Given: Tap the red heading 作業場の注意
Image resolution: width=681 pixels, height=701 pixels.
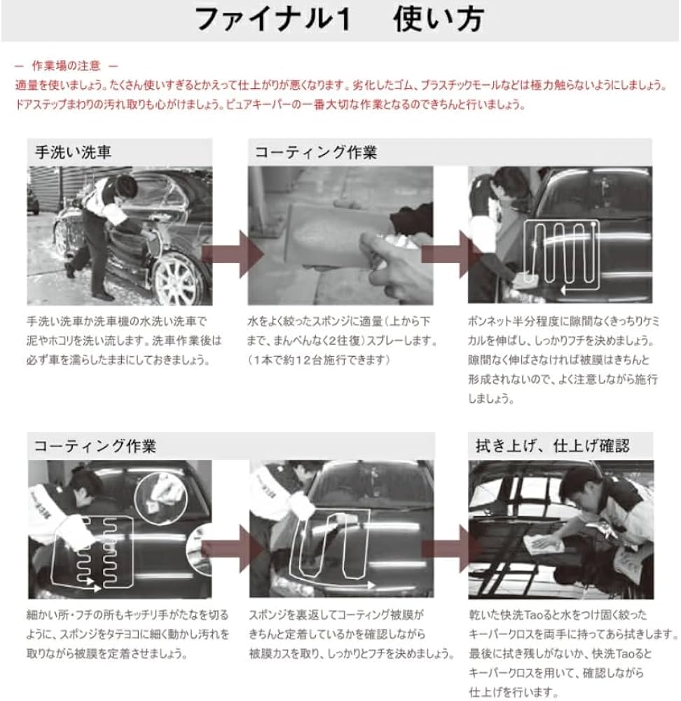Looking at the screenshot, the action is (67, 66).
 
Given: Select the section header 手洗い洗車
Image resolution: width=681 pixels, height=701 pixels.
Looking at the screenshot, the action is (74, 152).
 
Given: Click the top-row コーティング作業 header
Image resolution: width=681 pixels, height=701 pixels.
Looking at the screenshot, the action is (315, 152).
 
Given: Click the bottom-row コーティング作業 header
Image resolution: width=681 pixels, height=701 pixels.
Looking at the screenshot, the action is (95, 446).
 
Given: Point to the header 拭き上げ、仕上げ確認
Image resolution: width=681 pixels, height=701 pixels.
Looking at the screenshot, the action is (552, 446).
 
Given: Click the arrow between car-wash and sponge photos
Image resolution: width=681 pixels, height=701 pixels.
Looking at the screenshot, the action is (233, 254).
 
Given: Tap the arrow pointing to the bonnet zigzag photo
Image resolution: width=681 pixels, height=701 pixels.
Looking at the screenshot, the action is (450, 254).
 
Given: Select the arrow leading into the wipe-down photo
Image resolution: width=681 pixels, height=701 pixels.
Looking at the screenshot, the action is (450, 549).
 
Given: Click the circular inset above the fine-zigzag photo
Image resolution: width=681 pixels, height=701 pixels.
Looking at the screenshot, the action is (161, 499).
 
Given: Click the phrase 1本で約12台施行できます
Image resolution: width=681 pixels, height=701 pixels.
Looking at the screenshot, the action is (319, 360).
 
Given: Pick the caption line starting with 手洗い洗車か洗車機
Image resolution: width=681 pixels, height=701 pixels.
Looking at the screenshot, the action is (116, 321).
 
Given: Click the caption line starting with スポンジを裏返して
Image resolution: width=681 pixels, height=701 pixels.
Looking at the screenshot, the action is (336, 615).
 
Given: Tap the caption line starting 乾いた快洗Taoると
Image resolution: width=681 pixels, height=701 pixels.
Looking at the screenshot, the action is (558, 615).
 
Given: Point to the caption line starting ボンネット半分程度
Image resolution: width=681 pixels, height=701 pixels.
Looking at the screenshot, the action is (563, 321).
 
